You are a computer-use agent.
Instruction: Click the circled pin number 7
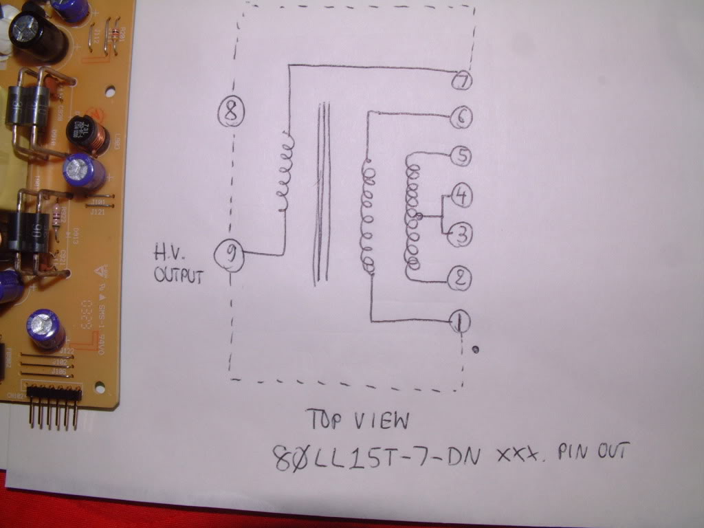[x=462, y=80]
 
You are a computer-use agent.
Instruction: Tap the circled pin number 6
[x=461, y=118]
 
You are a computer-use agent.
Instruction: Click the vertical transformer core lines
[x=321, y=192]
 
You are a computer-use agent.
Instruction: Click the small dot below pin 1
[x=476, y=350]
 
